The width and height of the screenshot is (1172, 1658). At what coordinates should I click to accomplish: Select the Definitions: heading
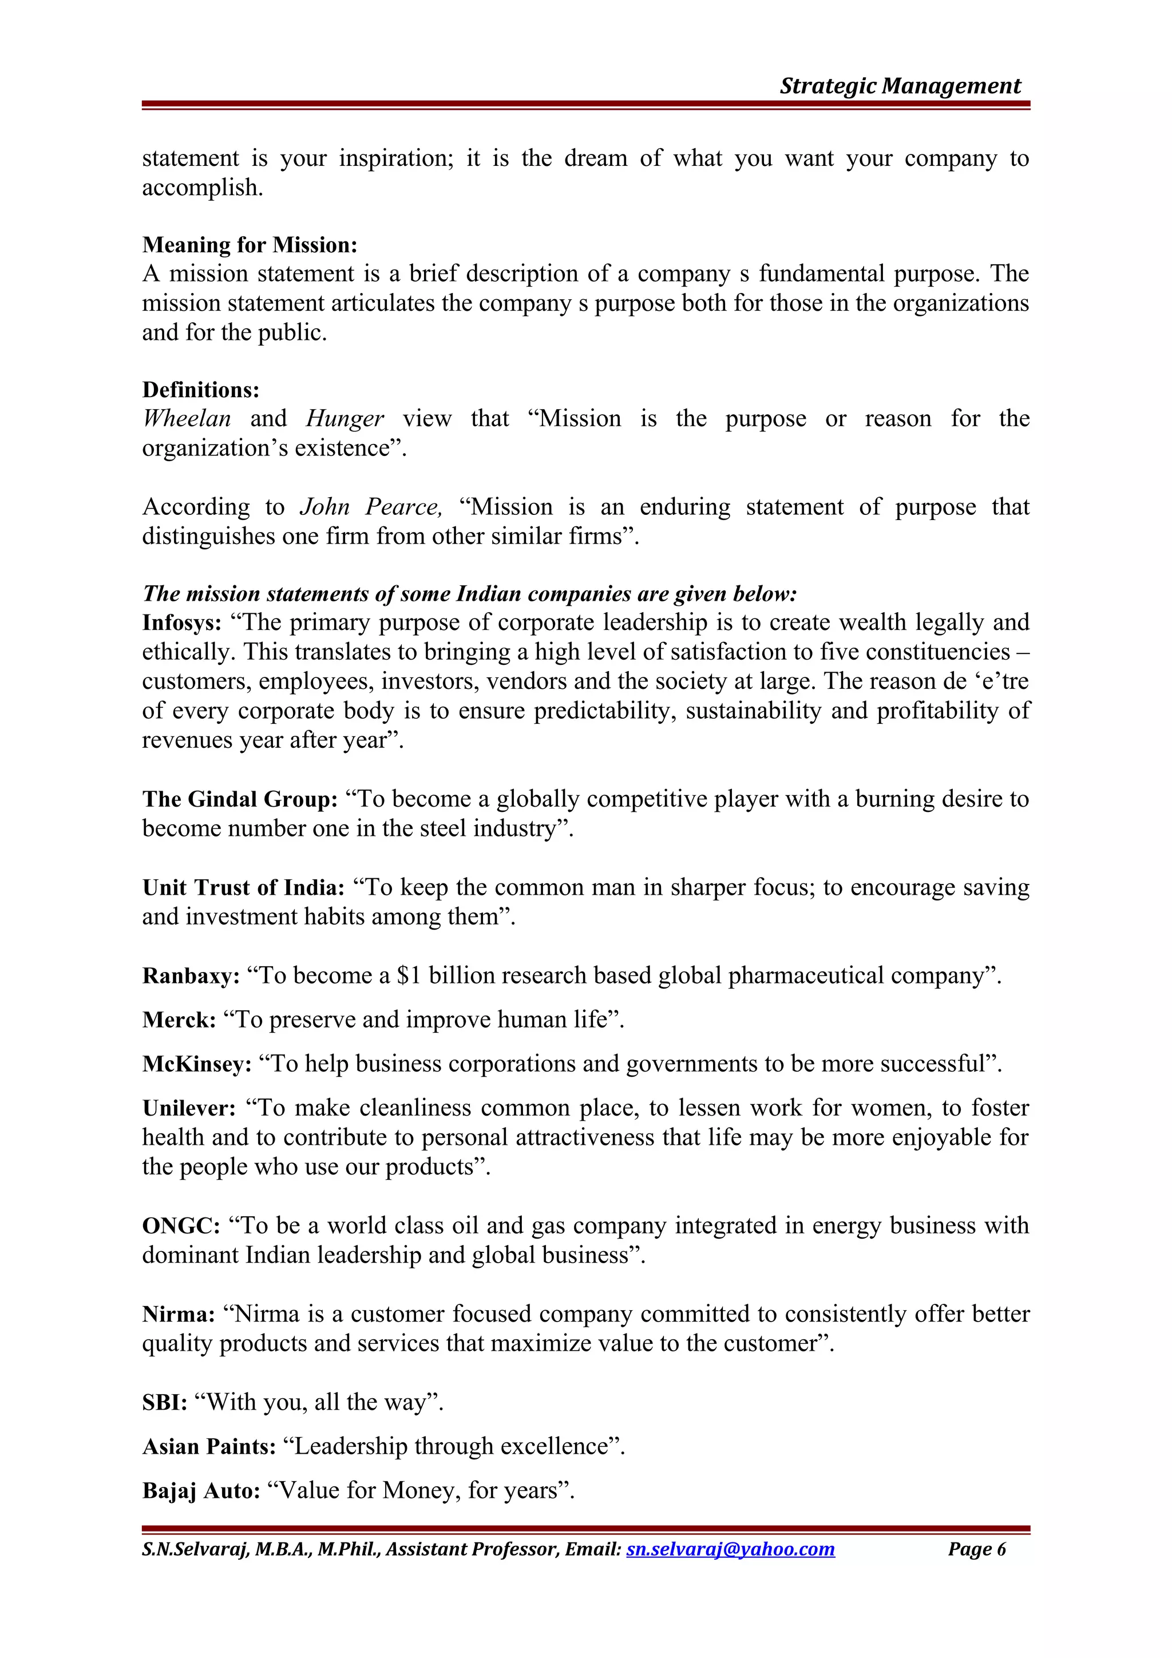201,390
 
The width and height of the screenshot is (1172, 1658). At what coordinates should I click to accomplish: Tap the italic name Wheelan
187,419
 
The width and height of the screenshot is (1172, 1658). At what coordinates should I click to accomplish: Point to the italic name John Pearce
370,507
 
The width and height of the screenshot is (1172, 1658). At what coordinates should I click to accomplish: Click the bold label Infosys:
182,622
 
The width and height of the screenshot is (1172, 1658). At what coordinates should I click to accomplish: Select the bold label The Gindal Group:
240,799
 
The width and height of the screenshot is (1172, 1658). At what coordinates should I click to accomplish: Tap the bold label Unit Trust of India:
243,887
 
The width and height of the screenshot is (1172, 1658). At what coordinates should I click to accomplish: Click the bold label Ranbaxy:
191,976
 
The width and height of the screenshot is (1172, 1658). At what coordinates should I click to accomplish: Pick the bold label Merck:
179,1020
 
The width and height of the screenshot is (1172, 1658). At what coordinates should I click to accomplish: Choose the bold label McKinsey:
196,1064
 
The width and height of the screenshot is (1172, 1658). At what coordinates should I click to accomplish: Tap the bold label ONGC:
180,1226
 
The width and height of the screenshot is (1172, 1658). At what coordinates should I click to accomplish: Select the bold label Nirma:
179,1314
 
